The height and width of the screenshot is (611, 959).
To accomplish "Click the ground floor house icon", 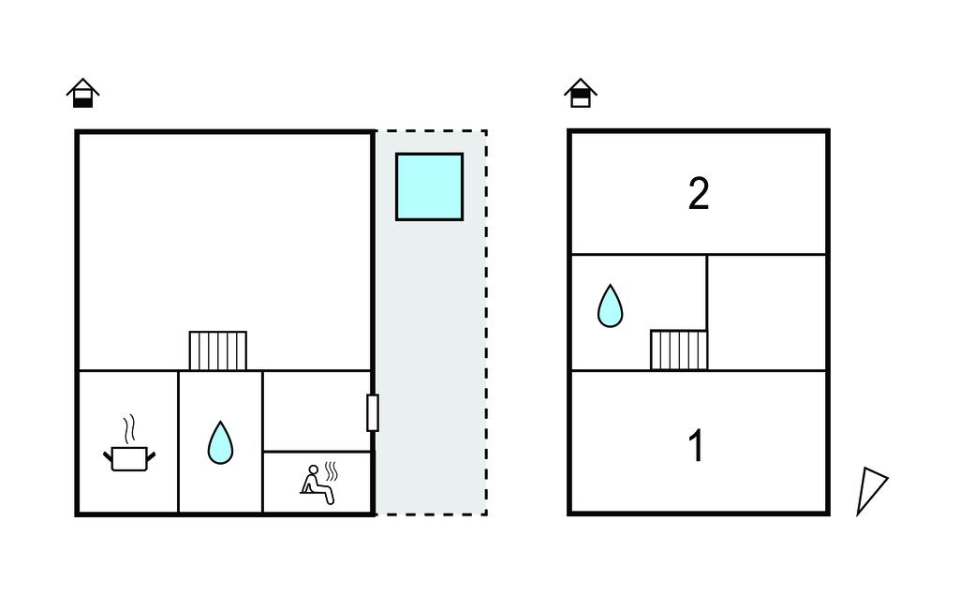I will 83,92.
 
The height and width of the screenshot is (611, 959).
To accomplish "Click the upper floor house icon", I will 581,92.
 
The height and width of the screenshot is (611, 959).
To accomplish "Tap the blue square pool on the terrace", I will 429,186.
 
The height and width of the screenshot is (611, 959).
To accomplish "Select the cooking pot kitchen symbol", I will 129,457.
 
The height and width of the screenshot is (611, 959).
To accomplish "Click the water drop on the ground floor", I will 220,442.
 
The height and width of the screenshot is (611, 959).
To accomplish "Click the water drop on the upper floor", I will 610,305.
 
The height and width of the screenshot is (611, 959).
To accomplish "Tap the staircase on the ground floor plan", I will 217,350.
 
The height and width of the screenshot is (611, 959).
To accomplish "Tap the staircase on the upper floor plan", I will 679,350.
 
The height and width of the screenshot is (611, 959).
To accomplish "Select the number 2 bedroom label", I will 699,194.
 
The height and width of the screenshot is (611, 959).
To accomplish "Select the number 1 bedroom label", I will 696,446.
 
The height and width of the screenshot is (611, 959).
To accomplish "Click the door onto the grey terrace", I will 373,412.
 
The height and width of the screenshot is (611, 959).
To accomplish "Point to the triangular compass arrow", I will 870,489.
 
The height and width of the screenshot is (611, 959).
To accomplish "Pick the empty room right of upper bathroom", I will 766,312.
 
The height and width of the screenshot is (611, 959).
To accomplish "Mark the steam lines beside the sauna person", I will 331,469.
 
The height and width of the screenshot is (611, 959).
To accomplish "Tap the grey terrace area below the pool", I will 430,375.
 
